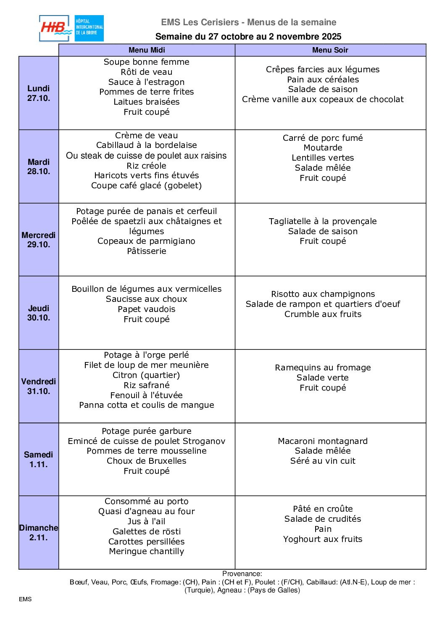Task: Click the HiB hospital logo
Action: coord(71,29)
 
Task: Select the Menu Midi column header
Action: coord(147,50)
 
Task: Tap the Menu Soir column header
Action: coord(330,50)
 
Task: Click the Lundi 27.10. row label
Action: coord(39,93)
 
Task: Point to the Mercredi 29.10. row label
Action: coord(39,240)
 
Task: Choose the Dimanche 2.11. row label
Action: coord(39,532)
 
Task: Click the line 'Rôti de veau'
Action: coord(147,72)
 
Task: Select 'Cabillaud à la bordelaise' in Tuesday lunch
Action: coord(147,145)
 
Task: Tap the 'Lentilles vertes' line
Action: coord(323,158)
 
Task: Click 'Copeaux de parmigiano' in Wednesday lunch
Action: coord(147,241)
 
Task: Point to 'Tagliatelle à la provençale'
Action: coord(323,221)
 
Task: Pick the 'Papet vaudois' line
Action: coord(147,309)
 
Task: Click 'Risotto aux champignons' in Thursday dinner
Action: coord(323,294)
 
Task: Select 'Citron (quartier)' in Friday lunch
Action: coord(147,375)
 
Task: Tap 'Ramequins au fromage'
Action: coord(323,367)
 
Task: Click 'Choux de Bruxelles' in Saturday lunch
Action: coord(147,461)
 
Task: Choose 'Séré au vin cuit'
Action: coord(323,461)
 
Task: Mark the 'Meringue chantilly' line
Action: coord(147,551)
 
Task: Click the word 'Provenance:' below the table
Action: coord(242,573)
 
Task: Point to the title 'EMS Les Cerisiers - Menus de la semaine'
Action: coord(249,22)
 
